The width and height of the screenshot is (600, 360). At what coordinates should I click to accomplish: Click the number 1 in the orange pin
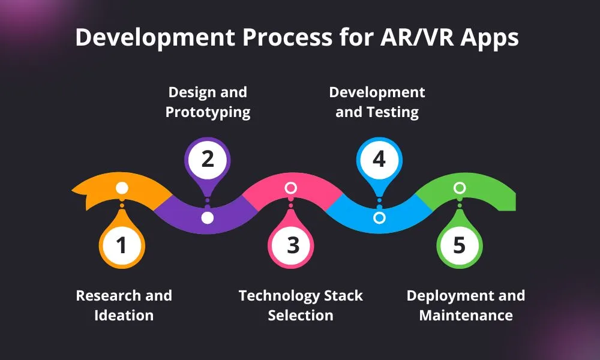click(x=122, y=245)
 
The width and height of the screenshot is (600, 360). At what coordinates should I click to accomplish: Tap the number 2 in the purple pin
click(x=207, y=160)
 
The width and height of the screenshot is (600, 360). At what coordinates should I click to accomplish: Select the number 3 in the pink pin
click(x=292, y=245)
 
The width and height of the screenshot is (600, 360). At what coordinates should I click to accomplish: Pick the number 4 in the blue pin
click(x=378, y=160)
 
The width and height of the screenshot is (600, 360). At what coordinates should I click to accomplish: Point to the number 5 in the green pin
click(x=459, y=245)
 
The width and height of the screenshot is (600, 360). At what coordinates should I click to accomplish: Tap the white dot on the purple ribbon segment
click(x=207, y=218)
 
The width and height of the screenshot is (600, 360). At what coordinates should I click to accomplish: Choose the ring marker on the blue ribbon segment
click(x=379, y=218)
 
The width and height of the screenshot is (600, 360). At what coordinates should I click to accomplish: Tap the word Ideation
click(x=124, y=315)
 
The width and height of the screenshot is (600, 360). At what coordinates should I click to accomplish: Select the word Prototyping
click(x=208, y=112)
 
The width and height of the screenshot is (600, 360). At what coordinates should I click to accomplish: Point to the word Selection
click(x=301, y=315)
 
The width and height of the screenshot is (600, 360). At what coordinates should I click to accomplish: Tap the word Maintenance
click(x=466, y=315)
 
